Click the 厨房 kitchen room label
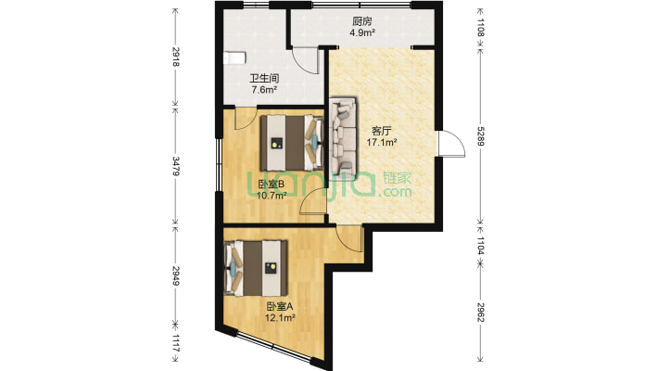pyautogui.click(x=362, y=22)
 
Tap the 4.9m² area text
pyautogui.click(x=362, y=33)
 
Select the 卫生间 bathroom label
pyautogui.click(x=264, y=79)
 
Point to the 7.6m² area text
pyautogui.click(x=264, y=90)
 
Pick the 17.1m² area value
pyautogui.click(x=383, y=143)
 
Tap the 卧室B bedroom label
pyautogui.click(x=271, y=184)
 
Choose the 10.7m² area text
pyautogui.click(x=271, y=195)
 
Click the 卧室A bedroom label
pyautogui.click(x=279, y=307)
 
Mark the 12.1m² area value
pyautogui.click(x=279, y=318)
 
